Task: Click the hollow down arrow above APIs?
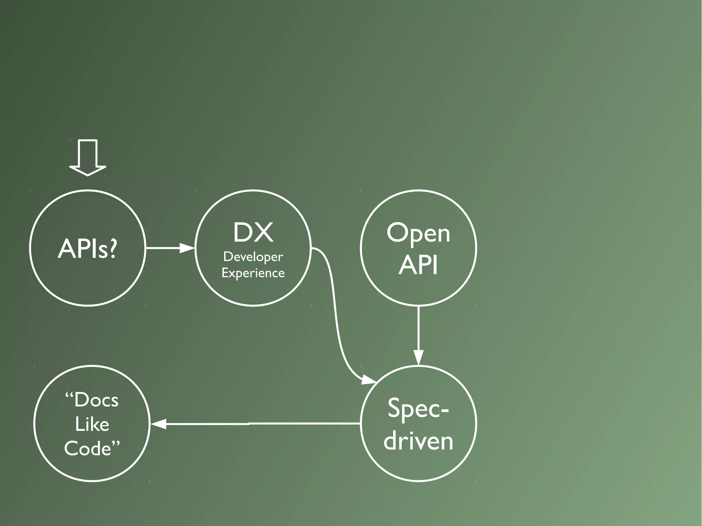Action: tap(88, 158)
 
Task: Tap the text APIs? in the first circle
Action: tap(87, 248)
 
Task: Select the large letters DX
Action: tap(253, 233)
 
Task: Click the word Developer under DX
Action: tap(253, 257)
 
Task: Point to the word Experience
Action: tap(253, 273)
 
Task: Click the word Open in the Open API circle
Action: tap(418, 234)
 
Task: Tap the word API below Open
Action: tap(418, 265)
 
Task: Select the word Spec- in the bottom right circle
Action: tap(418, 408)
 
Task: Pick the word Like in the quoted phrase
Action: tap(92, 425)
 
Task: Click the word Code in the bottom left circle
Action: tap(88, 448)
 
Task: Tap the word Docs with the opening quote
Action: tap(92, 400)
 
